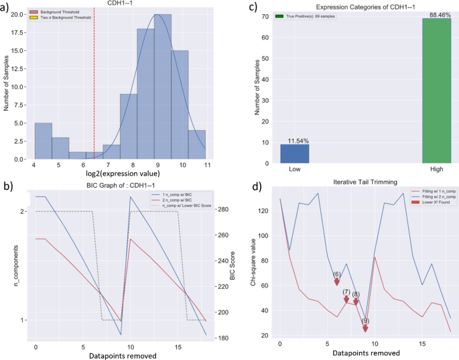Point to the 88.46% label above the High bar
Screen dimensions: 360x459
click(436, 13)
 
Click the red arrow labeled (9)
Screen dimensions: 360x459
click(365, 328)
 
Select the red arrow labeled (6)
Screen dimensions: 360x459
click(337, 281)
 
